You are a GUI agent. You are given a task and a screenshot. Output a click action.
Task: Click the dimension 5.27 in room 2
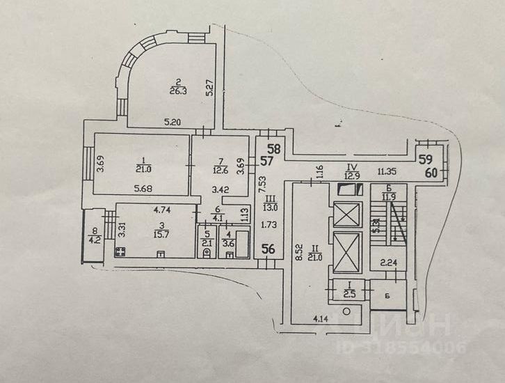pyautogui.click(x=208, y=88)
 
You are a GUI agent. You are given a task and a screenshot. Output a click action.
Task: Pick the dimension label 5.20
pyautogui.click(x=172, y=122)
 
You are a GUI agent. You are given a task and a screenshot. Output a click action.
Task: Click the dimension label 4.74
pyautogui.click(x=161, y=208)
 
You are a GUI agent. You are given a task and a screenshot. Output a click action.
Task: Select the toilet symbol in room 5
pyautogui.click(x=205, y=253)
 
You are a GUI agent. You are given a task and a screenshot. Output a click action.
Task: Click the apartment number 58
pyautogui.click(x=275, y=148)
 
